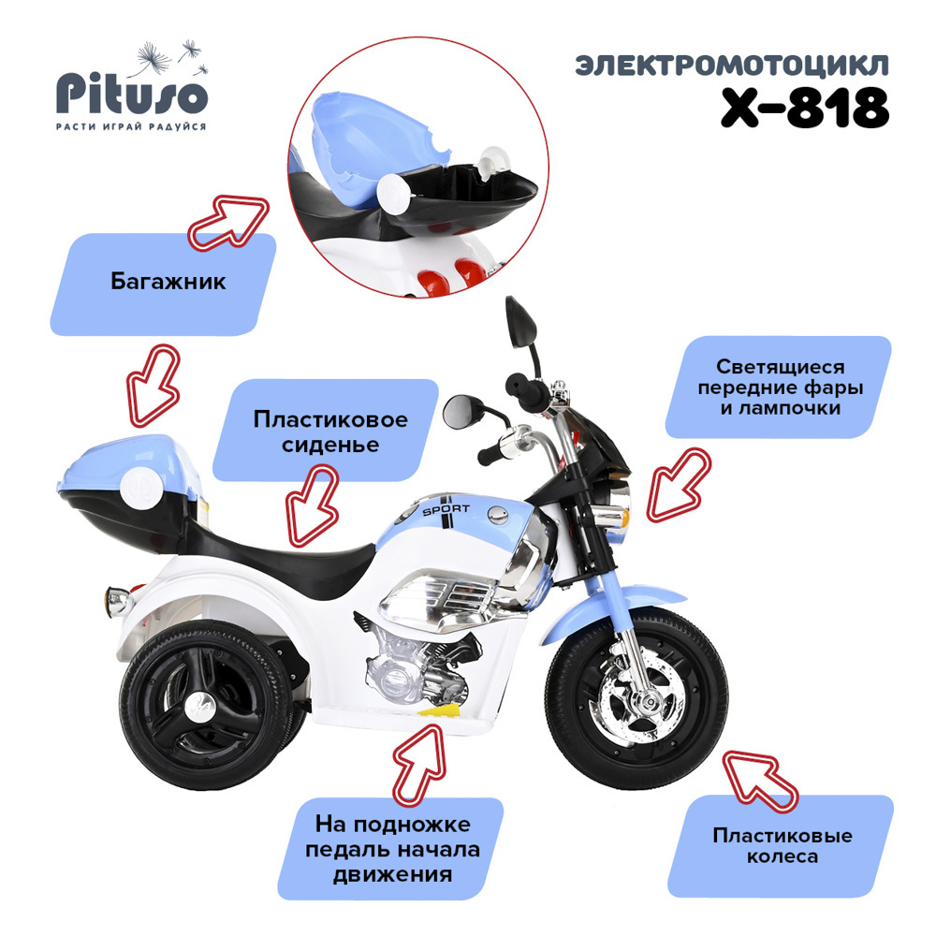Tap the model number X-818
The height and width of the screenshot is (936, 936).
pos(805,108)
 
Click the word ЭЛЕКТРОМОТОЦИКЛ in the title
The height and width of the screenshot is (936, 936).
pos(732,66)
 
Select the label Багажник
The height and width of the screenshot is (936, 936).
pos(168,282)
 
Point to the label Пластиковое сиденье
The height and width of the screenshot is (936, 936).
pos(330,431)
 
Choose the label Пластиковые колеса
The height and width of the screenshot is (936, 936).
pos(782,845)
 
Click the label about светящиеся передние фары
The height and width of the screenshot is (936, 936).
pos(781,387)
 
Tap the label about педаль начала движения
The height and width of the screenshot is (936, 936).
pos(393,850)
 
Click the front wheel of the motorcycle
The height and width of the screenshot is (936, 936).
pos(636,698)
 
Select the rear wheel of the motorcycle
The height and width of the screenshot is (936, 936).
pos(206,705)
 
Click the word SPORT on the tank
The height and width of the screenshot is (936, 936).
pos(446,509)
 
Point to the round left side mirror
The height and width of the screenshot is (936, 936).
pos(459,412)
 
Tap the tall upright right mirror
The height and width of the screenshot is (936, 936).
pos(520,322)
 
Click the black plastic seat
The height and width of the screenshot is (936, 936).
pos(281,555)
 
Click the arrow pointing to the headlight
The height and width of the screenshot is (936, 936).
pos(680,484)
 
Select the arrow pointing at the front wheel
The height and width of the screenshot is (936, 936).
pos(759,781)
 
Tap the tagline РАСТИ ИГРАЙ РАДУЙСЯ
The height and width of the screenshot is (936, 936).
pos(131,126)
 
